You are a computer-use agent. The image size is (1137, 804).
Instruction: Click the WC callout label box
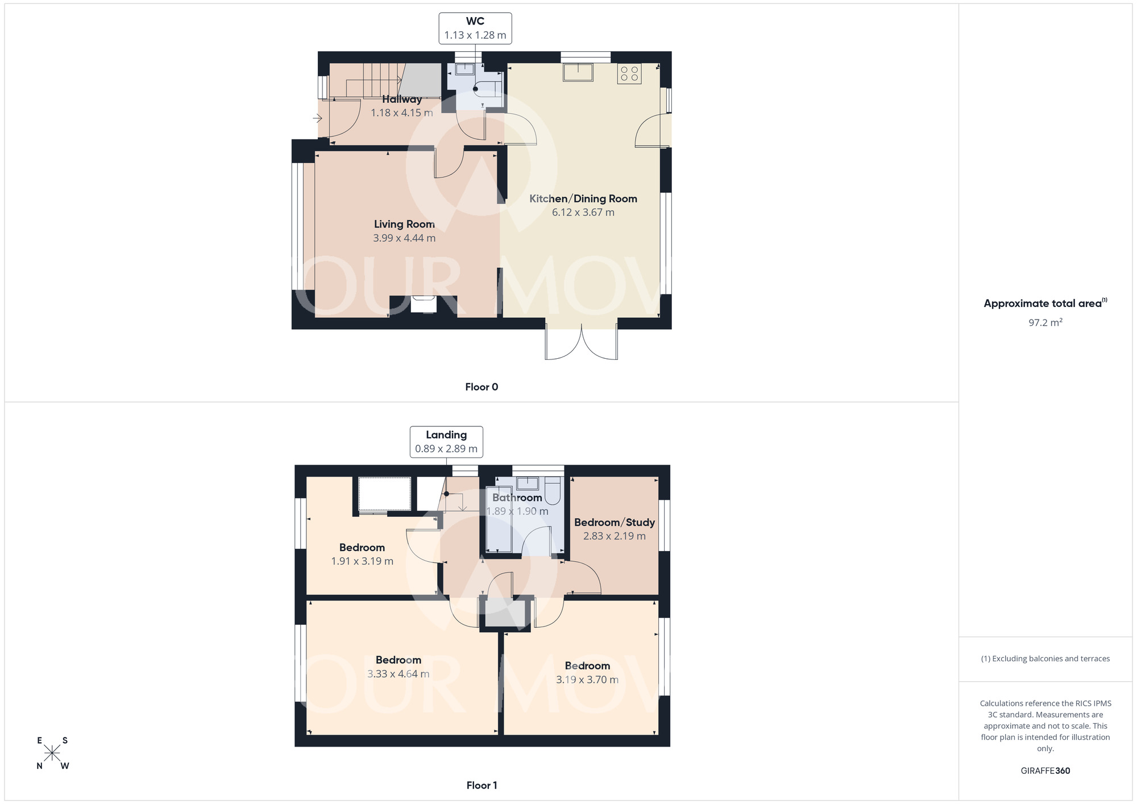coord(475,28)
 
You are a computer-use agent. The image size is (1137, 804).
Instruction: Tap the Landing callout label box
coord(446,442)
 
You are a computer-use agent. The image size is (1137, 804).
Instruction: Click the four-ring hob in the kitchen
coord(629,73)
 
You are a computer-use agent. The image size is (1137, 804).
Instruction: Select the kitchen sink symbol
coord(578,73)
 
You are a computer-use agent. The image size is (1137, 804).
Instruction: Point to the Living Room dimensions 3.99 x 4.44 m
coord(404,238)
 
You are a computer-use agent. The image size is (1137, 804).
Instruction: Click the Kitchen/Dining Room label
coord(583,198)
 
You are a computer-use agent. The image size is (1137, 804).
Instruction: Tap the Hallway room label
coord(402,100)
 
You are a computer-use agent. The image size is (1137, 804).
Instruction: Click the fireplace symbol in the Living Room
coord(424,304)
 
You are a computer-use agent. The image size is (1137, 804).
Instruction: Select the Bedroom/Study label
coord(615,522)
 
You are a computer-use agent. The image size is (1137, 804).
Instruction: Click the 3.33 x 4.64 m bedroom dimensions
coord(399,674)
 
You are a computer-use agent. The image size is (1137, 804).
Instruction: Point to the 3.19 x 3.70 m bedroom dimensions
coord(587,679)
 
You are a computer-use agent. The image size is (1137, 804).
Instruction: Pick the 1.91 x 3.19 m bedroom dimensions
coord(362,561)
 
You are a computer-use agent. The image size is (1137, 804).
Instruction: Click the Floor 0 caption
coord(482,387)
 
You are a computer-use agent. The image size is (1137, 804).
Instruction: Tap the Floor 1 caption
coord(482,785)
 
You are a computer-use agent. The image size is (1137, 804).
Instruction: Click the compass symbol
coord(52,753)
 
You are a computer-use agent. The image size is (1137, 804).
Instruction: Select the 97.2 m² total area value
coord(1045,322)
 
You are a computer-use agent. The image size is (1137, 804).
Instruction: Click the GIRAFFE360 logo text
coord(1045,771)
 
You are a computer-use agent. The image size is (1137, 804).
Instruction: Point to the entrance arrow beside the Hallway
coord(317,118)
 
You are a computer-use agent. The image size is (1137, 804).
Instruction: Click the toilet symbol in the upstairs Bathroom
coord(553,491)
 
